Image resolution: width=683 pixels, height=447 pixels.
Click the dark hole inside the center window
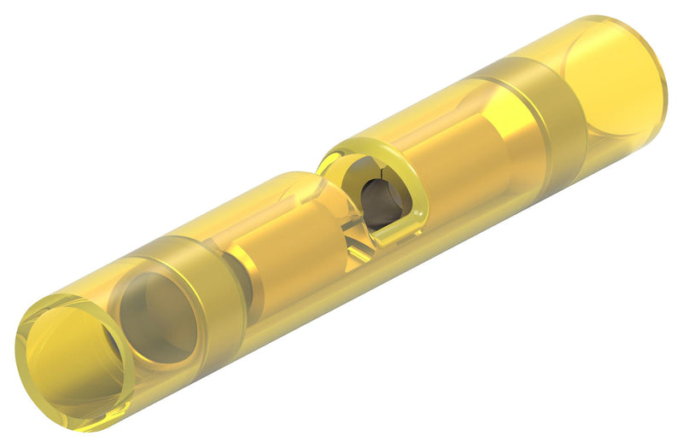[375, 205]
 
